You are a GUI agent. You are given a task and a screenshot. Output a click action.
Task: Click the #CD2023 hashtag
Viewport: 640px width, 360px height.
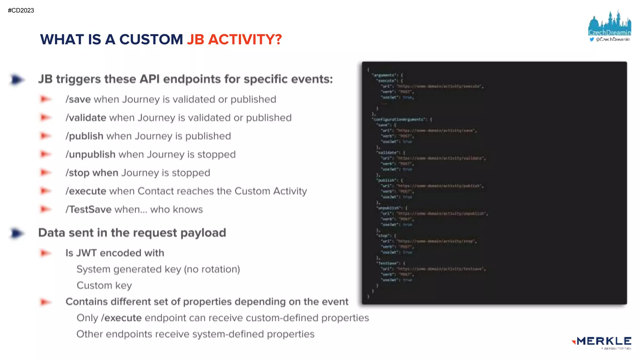point(21,10)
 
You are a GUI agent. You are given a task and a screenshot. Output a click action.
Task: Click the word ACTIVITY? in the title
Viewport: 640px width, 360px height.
point(245,40)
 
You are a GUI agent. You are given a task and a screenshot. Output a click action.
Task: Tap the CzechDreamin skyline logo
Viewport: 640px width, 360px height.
point(609,23)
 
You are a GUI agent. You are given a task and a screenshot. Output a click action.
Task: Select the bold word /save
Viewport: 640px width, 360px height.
point(78,99)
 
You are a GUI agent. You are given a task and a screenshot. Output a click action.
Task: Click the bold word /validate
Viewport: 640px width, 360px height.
point(86,118)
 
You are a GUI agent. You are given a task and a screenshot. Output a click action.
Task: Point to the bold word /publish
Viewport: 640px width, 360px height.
point(84,136)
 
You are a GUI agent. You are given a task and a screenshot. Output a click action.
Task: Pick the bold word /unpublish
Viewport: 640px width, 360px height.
point(90,155)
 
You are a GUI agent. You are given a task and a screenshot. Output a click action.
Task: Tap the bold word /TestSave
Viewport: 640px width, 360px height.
point(88,210)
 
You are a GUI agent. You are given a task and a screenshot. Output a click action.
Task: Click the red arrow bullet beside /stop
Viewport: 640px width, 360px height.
point(46,172)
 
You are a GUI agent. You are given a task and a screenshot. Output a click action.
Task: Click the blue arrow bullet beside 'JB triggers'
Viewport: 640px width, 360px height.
point(17,80)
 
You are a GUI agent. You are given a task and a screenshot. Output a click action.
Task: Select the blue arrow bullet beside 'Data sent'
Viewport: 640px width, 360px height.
point(17,233)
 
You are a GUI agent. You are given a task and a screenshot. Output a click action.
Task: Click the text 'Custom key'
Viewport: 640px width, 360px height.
point(104,286)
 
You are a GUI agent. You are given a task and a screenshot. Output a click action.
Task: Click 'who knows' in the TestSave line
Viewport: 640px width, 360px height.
point(176,210)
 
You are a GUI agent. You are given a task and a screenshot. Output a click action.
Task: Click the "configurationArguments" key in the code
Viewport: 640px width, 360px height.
point(400,119)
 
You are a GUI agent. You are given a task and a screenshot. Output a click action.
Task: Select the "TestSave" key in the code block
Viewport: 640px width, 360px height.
point(388,263)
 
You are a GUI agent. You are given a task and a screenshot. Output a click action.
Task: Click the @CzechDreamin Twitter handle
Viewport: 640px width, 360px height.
point(612,39)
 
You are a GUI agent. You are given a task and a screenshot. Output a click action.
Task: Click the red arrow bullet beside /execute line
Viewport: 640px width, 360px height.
point(46,191)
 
